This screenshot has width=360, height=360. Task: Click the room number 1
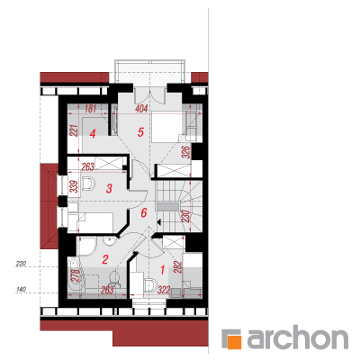[162, 270]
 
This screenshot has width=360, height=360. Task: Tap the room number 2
[105, 259]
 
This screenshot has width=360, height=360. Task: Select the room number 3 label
[109, 189]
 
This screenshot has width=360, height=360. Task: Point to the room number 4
[93, 134]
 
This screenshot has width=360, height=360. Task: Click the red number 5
[140, 132]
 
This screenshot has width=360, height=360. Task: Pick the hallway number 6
[144, 213]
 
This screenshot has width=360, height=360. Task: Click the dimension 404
[141, 109]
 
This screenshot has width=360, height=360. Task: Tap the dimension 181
[90, 109]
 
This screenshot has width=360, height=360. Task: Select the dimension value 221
[75, 130]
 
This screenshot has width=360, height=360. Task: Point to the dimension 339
[75, 186]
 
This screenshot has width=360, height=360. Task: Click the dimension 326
[185, 152]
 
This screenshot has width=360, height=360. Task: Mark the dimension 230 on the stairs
[184, 216]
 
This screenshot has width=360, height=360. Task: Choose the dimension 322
[164, 290]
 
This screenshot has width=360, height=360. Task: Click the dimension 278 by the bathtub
[76, 275]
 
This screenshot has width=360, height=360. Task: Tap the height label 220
[22, 264]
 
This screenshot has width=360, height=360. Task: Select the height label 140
[22, 290]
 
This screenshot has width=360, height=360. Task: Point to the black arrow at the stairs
[159, 222]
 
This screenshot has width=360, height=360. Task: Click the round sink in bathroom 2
[109, 240]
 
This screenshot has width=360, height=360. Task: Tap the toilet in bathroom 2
[114, 277]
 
